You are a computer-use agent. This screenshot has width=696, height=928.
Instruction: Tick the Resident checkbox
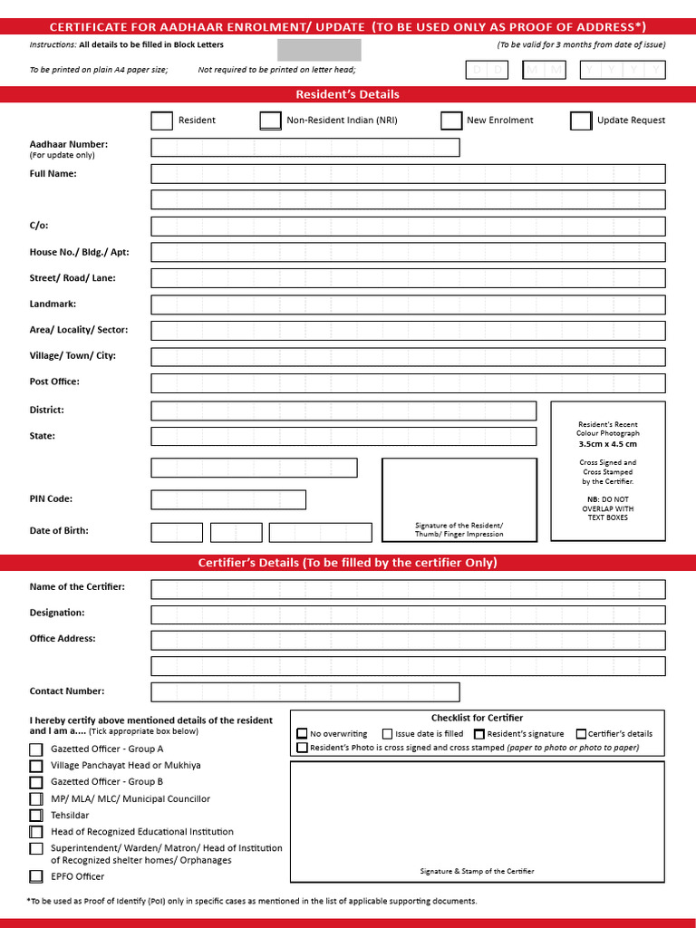(x=161, y=121)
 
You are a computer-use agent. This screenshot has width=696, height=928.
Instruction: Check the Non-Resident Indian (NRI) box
(x=270, y=121)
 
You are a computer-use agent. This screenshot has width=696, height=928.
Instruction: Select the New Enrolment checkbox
(x=451, y=121)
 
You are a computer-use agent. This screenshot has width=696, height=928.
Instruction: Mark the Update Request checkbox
(x=581, y=121)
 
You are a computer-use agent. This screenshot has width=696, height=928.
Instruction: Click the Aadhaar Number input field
(x=305, y=148)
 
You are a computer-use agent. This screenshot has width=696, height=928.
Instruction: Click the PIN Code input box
(x=228, y=499)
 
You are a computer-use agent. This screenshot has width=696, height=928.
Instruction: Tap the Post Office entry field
(x=408, y=383)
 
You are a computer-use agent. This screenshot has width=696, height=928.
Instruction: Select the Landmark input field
(x=408, y=305)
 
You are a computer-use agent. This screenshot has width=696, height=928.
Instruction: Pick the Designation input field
(x=408, y=614)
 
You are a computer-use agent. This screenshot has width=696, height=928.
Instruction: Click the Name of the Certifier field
(x=408, y=589)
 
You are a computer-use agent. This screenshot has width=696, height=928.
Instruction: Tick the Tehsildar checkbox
(x=36, y=816)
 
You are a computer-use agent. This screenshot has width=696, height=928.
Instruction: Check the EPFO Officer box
(x=36, y=876)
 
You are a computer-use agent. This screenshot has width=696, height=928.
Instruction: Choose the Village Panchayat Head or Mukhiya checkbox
(x=36, y=766)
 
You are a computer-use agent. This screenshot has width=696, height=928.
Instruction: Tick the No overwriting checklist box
(x=302, y=734)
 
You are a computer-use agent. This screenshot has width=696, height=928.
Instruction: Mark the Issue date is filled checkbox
(x=387, y=734)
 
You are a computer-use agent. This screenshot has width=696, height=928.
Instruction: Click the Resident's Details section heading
(x=347, y=94)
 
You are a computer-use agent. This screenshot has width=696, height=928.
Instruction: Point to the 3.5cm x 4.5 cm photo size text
(x=607, y=444)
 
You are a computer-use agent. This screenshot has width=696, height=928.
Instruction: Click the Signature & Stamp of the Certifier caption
(x=477, y=871)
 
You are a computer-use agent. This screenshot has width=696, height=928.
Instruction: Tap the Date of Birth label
(x=59, y=531)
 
